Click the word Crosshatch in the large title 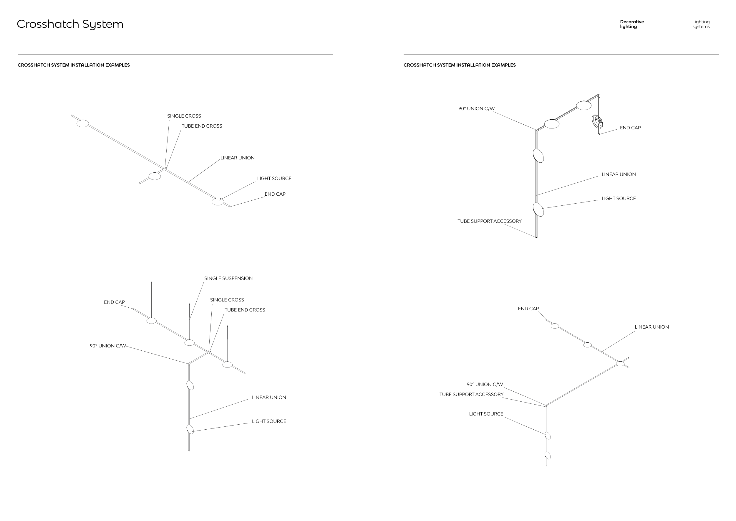pos(48,24)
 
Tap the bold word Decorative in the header pos(632,22)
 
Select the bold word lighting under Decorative pos(628,27)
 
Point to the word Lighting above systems pos(701,22)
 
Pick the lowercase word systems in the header pos(701,27)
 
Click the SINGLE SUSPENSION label pos(228,278)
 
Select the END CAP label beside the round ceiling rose pos(630,128)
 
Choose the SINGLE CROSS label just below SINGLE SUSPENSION pos(227,300)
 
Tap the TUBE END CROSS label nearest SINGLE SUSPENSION pos(245,310)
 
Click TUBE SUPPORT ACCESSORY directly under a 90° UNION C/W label pos(471,395)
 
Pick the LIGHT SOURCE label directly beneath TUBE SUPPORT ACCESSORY pos(486,414)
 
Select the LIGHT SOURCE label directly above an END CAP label pos(274,178)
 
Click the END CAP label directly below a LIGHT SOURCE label pos(275,194)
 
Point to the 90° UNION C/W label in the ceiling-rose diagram pos(476,109)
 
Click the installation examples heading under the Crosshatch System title pos(74,65)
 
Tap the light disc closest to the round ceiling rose pos(584,105)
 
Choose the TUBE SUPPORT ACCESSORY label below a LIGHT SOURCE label pos(489,221)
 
